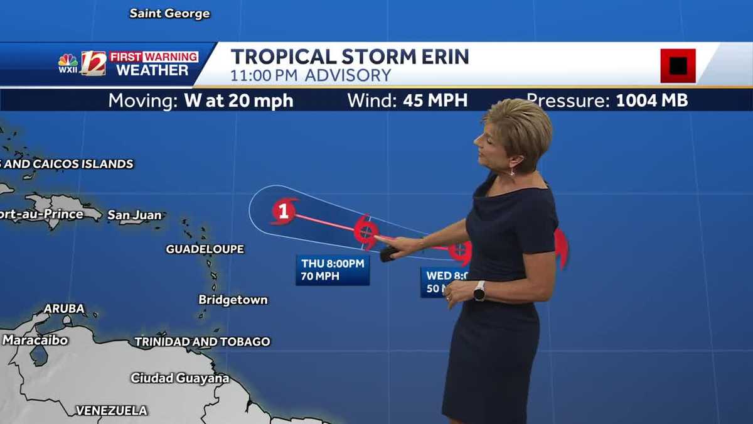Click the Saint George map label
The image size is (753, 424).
click(169, 13)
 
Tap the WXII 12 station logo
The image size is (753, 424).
click(82, 63)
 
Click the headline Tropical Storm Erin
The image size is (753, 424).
click(350, 57)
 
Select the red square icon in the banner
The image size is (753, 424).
click(678, 65)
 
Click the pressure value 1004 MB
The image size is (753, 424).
click(652, 101)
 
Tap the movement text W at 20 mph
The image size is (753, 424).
click(238, 101)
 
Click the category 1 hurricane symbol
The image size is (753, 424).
click(284, 211)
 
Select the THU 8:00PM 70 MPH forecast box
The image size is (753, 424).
click(333, 269)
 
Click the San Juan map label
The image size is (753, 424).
click(134, 215)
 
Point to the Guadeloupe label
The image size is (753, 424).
click(205, 249)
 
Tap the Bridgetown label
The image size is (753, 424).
click(233, 300)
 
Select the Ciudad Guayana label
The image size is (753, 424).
click(179, 378)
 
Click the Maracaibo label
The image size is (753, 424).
click(35, 340)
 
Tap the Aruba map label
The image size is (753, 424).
click(63, 309)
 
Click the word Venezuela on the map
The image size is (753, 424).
click(111, 411)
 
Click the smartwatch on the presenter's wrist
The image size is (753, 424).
click(479, 290)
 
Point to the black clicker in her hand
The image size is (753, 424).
click(388, 253)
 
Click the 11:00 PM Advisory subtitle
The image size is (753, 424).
click(311, 75)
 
